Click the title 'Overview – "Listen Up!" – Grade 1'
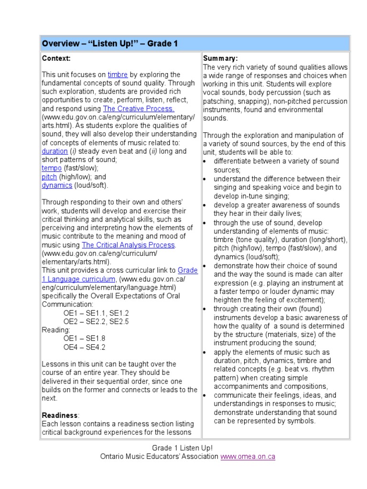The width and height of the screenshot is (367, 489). click(110, 44)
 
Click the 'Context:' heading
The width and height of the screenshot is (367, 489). click(56, 58)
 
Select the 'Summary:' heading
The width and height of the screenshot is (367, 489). click(220, 58)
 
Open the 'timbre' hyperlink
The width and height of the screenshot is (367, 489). click(118, 74)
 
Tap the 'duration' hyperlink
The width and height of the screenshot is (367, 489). click(54, 151)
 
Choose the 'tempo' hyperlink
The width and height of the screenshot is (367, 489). click(52, 168)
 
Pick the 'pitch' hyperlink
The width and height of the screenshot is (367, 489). click(49, 177)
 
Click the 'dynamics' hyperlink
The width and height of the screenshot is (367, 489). click(57, 185)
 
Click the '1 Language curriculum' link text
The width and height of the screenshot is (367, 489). click(79, 279)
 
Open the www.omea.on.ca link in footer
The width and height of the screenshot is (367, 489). click(248, 457)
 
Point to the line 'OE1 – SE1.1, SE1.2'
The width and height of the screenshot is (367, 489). click(96, 313)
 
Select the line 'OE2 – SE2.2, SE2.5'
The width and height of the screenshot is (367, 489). click(96, 321)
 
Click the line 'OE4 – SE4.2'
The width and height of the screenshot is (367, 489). click(85, 347)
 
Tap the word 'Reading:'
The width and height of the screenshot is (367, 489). click(56, 330)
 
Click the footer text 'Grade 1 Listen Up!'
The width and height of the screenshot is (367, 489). click(183, 448)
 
